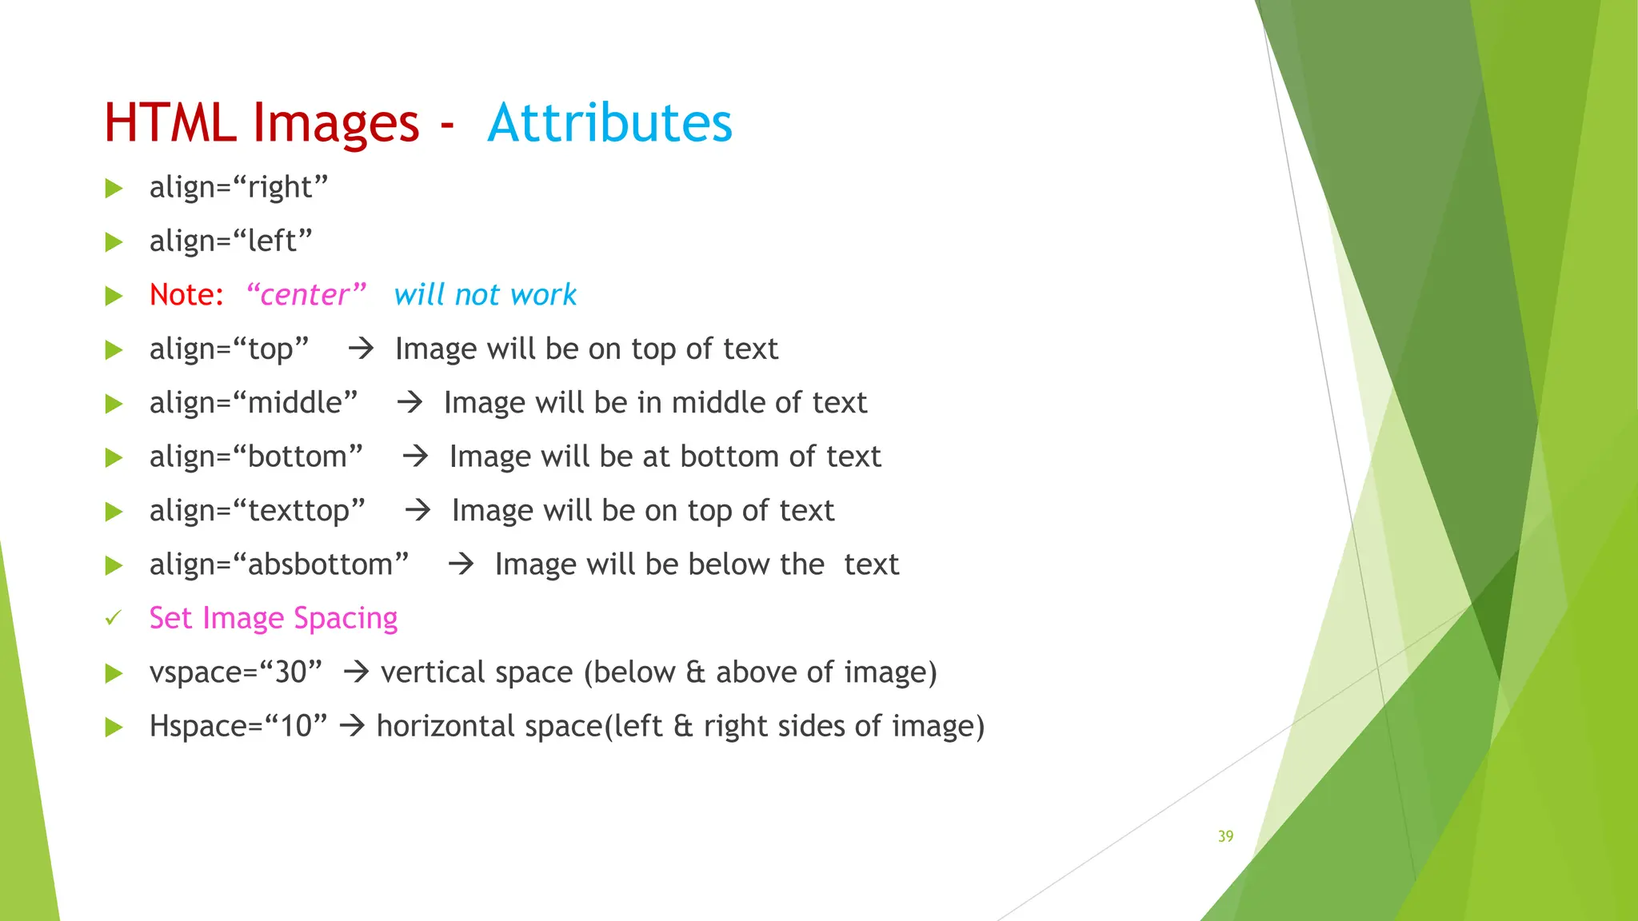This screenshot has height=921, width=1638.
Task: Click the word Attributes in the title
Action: pyautogui.click(x=609, y=123)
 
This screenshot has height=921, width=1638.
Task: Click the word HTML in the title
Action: pyautogui.click(x=170, y=123)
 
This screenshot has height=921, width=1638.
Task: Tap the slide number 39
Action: pyautogui.click(x=1225, y=836)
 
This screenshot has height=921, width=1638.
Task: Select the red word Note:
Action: pyautogui.click(x=186, y=295)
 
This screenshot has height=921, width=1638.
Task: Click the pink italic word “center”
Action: pyautogui.click(x=306, y=295)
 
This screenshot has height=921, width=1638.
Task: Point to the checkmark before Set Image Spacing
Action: pyautogui.click(x=114, y=618)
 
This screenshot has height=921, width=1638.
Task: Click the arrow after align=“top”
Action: pyautogui.click(x=361, y=349)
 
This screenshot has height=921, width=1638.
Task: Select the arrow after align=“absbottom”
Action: pyautogui.click(x=461, y=564)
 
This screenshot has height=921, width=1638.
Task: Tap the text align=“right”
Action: pyautogui.click(x=238, y=188)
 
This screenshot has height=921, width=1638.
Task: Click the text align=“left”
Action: pyautogui.click(x=230, y=241)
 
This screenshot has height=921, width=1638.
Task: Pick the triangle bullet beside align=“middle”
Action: pyautogui.click(x=114, y=404)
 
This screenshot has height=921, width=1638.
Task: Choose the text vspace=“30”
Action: pyautogui.click(x=236, y=672)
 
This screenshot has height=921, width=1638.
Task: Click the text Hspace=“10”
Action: pyautogui.click(x=238, y=726)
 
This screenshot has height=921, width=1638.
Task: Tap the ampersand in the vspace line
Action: pyautogui.click(x=696, y=672)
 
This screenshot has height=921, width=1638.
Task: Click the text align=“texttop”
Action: pyautogui.click(x=257, y=510)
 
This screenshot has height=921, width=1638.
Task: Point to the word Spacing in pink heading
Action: pyautogui.click(x=346, y=619)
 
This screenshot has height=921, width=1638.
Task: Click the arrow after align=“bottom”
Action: pyautogui.click(x=415, y=457)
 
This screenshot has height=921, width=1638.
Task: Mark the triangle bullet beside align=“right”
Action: pyautogui.click(x=114, y=189)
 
